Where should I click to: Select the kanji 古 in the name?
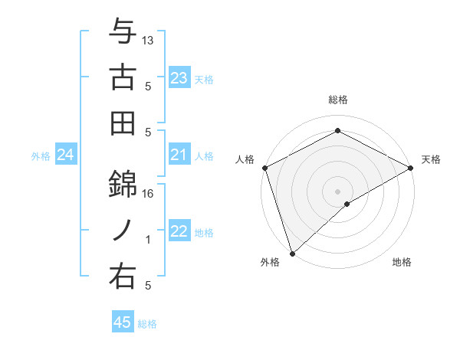click(x=123, y=77)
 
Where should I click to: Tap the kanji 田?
click(x=123, y=123)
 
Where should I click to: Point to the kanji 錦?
click(x=123, y=182)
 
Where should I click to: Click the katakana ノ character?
click(x=123, y=229)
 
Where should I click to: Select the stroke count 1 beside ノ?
click(x=149, y=240)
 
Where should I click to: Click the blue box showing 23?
click(x=179, y=78)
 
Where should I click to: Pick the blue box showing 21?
click(x=179, y=155)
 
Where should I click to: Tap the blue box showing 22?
click(x=179, y=232)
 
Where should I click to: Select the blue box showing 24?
click(x=65, y=155)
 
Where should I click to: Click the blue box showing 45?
click(x=123, y=322)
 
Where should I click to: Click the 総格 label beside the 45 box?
click(x=147, y=323)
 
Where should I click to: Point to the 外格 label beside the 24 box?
click(x=41, y=156)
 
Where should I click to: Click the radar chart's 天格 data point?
click(x=412, y=169)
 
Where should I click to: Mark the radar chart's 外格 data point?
click(x=291, y=253)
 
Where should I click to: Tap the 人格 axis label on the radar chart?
click(x=245, y=159)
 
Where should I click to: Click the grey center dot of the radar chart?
click(x=337, y=191)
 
